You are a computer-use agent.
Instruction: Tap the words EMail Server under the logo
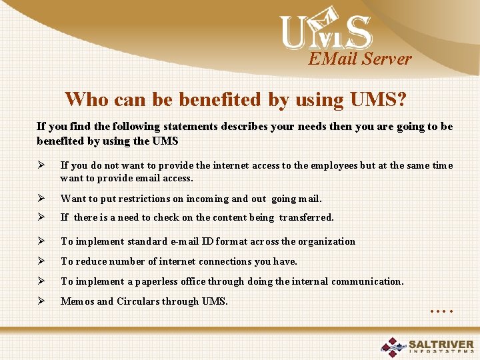coord(360,59)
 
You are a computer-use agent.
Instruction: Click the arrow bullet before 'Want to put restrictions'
coord(41,198)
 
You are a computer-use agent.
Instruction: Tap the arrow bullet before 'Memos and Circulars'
coord(41,301)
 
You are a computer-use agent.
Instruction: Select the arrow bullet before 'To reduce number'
coord(41,261)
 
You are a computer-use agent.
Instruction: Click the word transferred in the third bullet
coord(306,217)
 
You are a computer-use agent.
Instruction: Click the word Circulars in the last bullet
coord(139,301)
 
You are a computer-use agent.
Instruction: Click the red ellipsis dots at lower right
coord(442,311)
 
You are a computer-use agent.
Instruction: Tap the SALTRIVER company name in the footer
coord(441,344)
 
